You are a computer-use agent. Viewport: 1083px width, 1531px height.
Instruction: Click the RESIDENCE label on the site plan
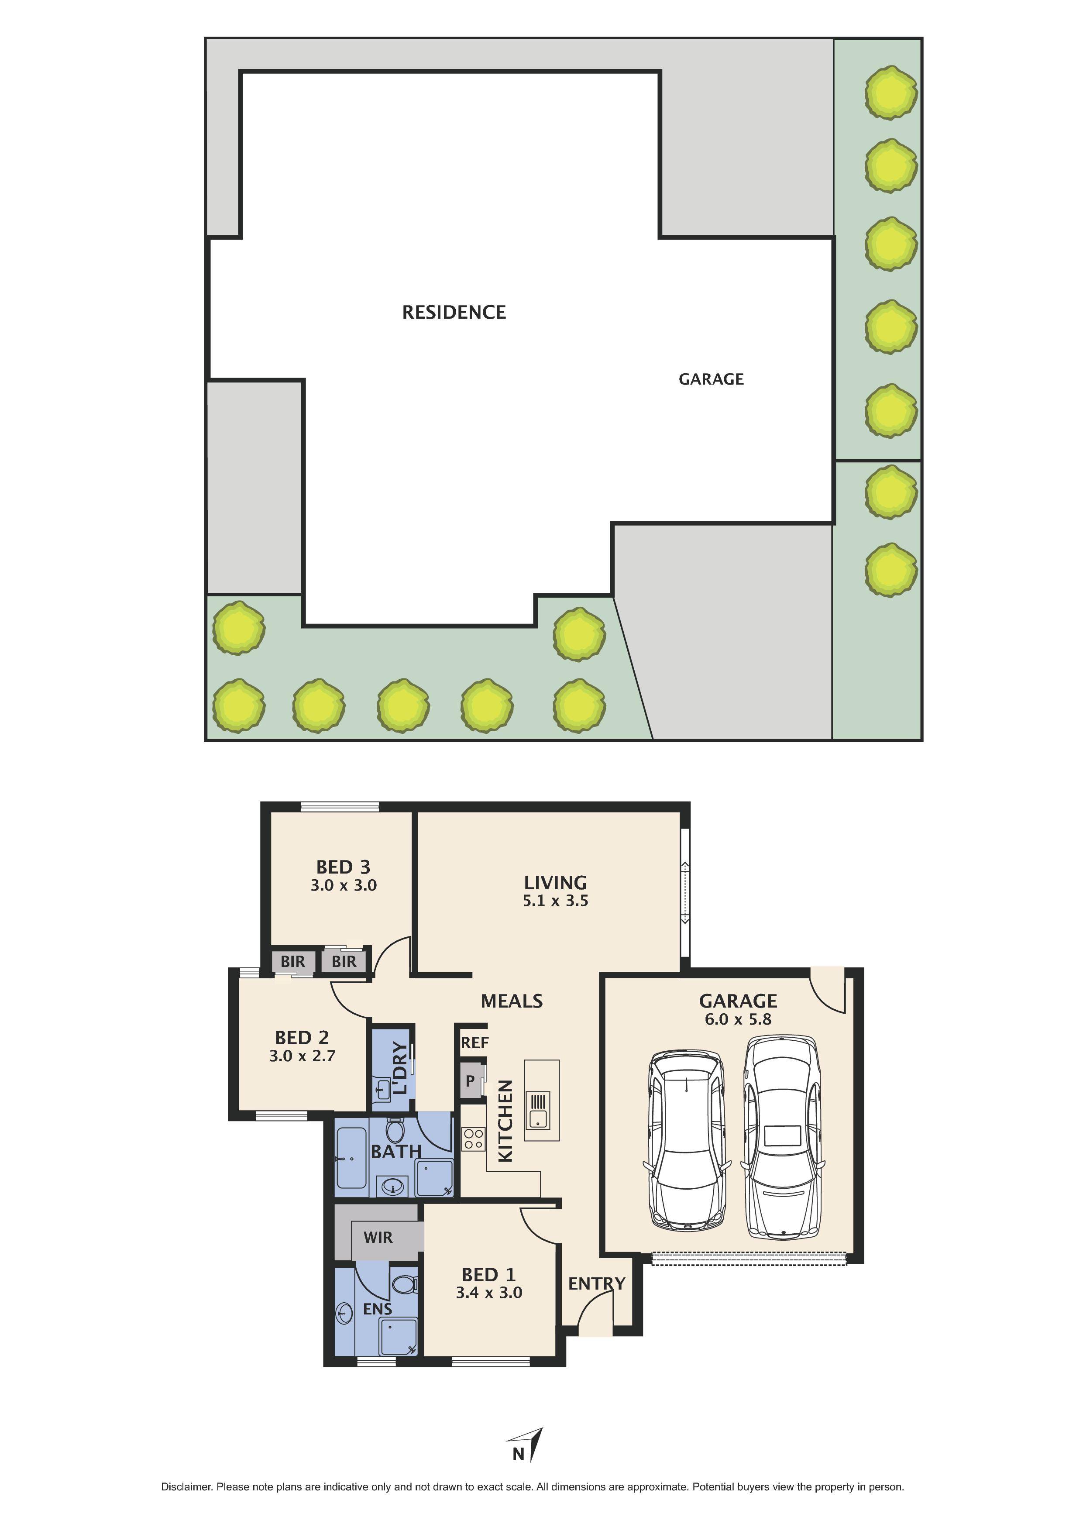coord(454,312)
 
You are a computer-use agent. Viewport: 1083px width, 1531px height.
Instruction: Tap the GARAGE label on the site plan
coord(711,379)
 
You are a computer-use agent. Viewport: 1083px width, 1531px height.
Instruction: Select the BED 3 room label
coord(343,867)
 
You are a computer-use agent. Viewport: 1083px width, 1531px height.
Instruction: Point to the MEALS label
coord(512,1001)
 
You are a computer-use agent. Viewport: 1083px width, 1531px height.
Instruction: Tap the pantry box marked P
coord(470,1081)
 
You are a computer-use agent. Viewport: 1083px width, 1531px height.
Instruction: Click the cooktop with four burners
coord(474,1138)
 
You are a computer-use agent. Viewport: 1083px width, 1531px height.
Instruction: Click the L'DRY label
coord(399,1068)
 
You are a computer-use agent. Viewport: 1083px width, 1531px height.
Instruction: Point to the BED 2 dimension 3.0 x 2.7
coord(302,1056)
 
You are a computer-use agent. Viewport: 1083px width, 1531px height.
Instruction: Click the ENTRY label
coord(596,1283)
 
